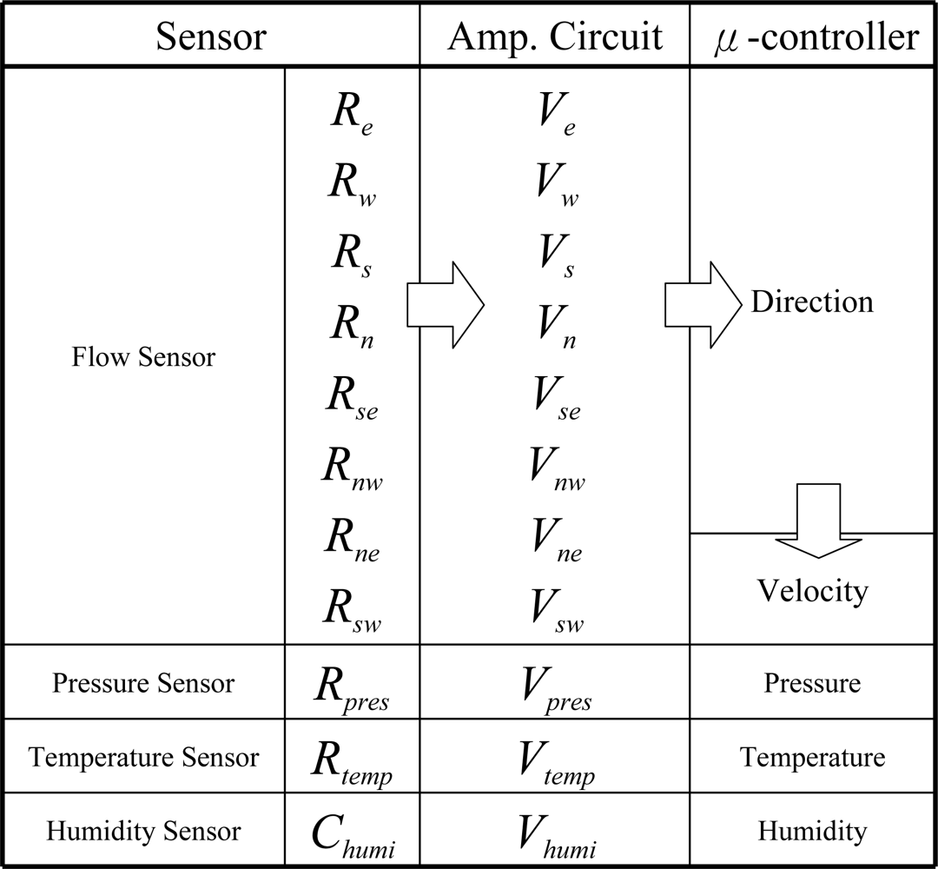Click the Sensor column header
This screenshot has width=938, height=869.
pyautogui.click(x=210, y=37)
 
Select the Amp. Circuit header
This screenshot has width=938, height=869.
pyautogui.click(x=555, y=37)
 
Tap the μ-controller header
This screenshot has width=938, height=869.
pyautogui.click(x=814, y=37)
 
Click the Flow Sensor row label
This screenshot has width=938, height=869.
pyautogui.click(x=143, y=357)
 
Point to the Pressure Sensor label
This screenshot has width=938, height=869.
pyautogui.click(x=143, y=683)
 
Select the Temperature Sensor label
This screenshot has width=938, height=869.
pyautogui.click(x=143, y=757)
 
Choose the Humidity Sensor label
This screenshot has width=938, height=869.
pyautogui.click(x=143, y=832)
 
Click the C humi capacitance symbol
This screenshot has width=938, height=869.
pyautogui.click(x=352, y=835)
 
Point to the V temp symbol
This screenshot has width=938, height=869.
pyautogui.click(x=555, y=761)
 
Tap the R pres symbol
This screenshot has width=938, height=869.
pyautogui.click(x=352, y=687)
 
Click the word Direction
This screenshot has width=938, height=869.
pyautogui.click(x=812, y=302)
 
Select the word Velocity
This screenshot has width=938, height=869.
pyautogui.click(x=812, y=591)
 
